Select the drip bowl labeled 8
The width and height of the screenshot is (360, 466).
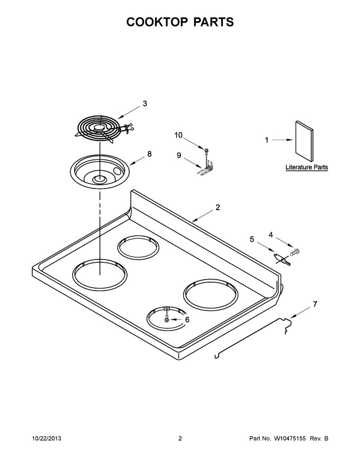point(100,171)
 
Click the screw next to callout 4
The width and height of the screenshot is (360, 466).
point(295,252)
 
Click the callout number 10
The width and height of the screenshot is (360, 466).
point(178,135)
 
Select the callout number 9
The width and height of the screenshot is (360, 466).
point(179,155)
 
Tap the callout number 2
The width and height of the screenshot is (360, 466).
point(218,207)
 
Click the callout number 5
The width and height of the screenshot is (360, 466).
point(252,239)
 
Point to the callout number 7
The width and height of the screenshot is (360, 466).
point(315,304)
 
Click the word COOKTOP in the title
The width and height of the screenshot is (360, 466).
point(157,22)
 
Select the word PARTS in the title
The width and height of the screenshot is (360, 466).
point(213,22)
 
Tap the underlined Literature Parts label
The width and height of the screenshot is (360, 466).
point(307,167)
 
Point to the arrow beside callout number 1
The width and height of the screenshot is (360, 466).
point(283,140)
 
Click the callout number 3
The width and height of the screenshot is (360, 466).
point(145,103)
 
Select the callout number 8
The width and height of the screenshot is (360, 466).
point(149,154)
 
